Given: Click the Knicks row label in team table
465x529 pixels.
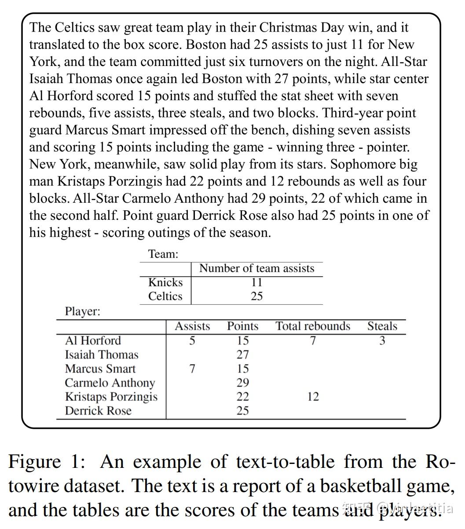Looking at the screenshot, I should pos(165,282).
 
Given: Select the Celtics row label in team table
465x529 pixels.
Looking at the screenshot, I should pos(165,296).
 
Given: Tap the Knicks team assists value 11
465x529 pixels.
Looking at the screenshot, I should pos(256,282).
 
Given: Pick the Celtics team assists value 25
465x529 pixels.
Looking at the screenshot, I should pos(256,296).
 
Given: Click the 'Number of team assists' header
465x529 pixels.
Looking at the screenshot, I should pos(256,268).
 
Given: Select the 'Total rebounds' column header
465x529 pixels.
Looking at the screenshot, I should pos(312,326).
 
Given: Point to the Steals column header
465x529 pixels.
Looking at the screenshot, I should pos(382,326).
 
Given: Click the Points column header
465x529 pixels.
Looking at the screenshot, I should pos(242,326).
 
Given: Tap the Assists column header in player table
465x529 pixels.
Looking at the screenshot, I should pos(192,326).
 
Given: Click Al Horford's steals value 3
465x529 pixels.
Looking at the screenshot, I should pos(382,341).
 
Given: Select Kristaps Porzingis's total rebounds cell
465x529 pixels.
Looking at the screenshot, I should pos(313,397).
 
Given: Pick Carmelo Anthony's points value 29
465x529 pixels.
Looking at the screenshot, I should pos(242,383).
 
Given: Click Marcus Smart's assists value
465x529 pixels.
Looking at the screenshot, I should pos(192,368).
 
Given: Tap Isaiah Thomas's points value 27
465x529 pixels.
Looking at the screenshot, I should pos(242,354).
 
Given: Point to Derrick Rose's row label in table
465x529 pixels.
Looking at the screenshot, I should pos(98,411).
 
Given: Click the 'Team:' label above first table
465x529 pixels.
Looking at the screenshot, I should pos(163,254).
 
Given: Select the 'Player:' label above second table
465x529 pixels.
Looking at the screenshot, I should pos(83,312).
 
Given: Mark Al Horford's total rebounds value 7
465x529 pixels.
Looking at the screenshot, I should pos(313,341).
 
